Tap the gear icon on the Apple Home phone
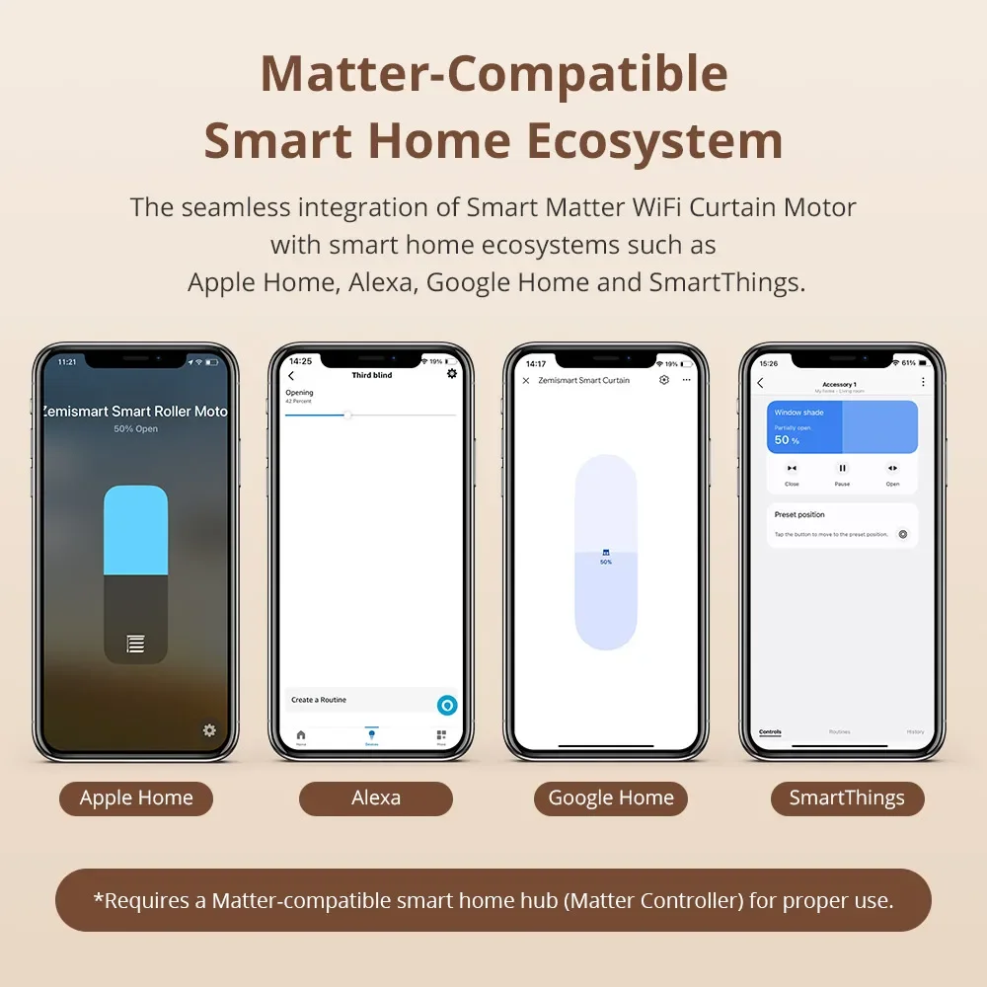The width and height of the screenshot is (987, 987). click(209, 730)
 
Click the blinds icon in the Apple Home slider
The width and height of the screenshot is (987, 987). click(135, 645)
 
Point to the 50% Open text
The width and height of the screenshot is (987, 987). click(135, 429)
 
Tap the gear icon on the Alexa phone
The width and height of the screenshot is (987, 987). click(452, 374)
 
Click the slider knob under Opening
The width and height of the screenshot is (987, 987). click(347, 416)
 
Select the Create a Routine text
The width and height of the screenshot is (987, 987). click(319, 700)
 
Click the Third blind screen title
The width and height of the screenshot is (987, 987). click(371, 375)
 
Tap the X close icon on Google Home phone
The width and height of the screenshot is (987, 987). click(525, 380)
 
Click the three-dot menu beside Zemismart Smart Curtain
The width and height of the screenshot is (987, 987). click(687, 380)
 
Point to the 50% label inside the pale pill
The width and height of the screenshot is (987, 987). click(606, 562)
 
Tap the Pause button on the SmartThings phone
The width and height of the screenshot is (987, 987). click(842, 468)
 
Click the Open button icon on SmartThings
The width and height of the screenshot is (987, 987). click(892, 468)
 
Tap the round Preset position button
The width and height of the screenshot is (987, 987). click(902, 534)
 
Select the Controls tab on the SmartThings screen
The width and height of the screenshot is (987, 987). click(770, 731)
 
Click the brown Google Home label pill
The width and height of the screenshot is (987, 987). click(611, 798)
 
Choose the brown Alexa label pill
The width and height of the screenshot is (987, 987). click(376, 798)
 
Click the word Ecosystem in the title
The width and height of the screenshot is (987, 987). click(654, 141)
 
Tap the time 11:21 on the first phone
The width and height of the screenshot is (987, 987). click(67, 362)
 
